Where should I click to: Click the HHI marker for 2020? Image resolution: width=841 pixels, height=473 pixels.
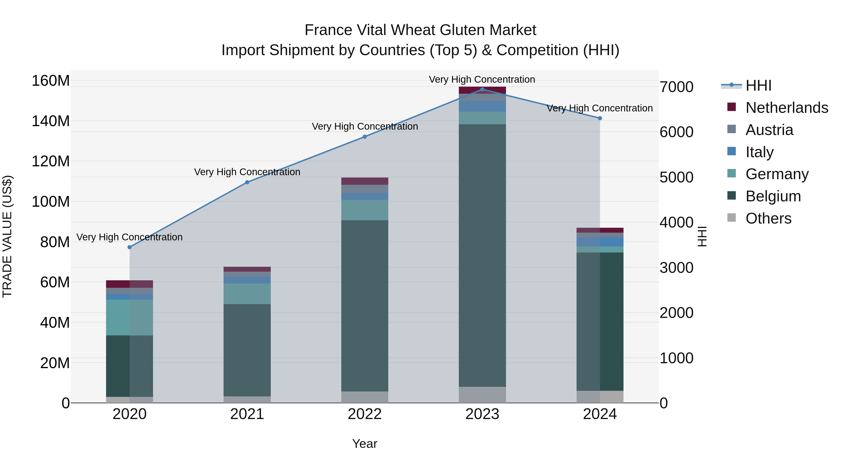click(x=130, y=247)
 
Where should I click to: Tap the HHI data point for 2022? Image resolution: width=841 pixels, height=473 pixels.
click(x=365, y=137)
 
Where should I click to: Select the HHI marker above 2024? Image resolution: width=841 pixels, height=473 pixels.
click(x=600, y=118)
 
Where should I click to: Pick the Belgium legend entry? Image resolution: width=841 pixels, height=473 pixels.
click(x=773, y=196)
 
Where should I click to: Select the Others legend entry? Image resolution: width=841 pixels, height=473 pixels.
click(x=769, y=218)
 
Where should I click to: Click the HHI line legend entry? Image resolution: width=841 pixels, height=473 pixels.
click(x=758, y=85)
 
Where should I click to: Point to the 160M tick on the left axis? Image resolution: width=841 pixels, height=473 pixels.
click(x=51, y=81)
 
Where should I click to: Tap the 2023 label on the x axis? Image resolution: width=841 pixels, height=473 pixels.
click(x=482, y=414)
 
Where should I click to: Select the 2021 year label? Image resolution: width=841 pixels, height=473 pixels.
click(x=247, y=414)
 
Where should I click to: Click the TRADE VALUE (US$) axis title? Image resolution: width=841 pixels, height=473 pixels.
click(x=7, y=236)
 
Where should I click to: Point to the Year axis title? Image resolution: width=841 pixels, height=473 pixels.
click(x=365, y=444)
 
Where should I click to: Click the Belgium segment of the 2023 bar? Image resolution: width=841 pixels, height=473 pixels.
click(x=482, y=255)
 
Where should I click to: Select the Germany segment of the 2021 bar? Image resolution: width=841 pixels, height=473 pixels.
click(x=247, y=294)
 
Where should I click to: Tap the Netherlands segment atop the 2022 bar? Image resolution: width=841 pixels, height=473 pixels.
click(x=365, y=181)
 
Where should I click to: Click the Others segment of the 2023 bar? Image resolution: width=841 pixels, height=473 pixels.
click(x=482, y=395)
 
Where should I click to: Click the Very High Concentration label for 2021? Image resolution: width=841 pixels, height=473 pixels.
click(x=247, y=172)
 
